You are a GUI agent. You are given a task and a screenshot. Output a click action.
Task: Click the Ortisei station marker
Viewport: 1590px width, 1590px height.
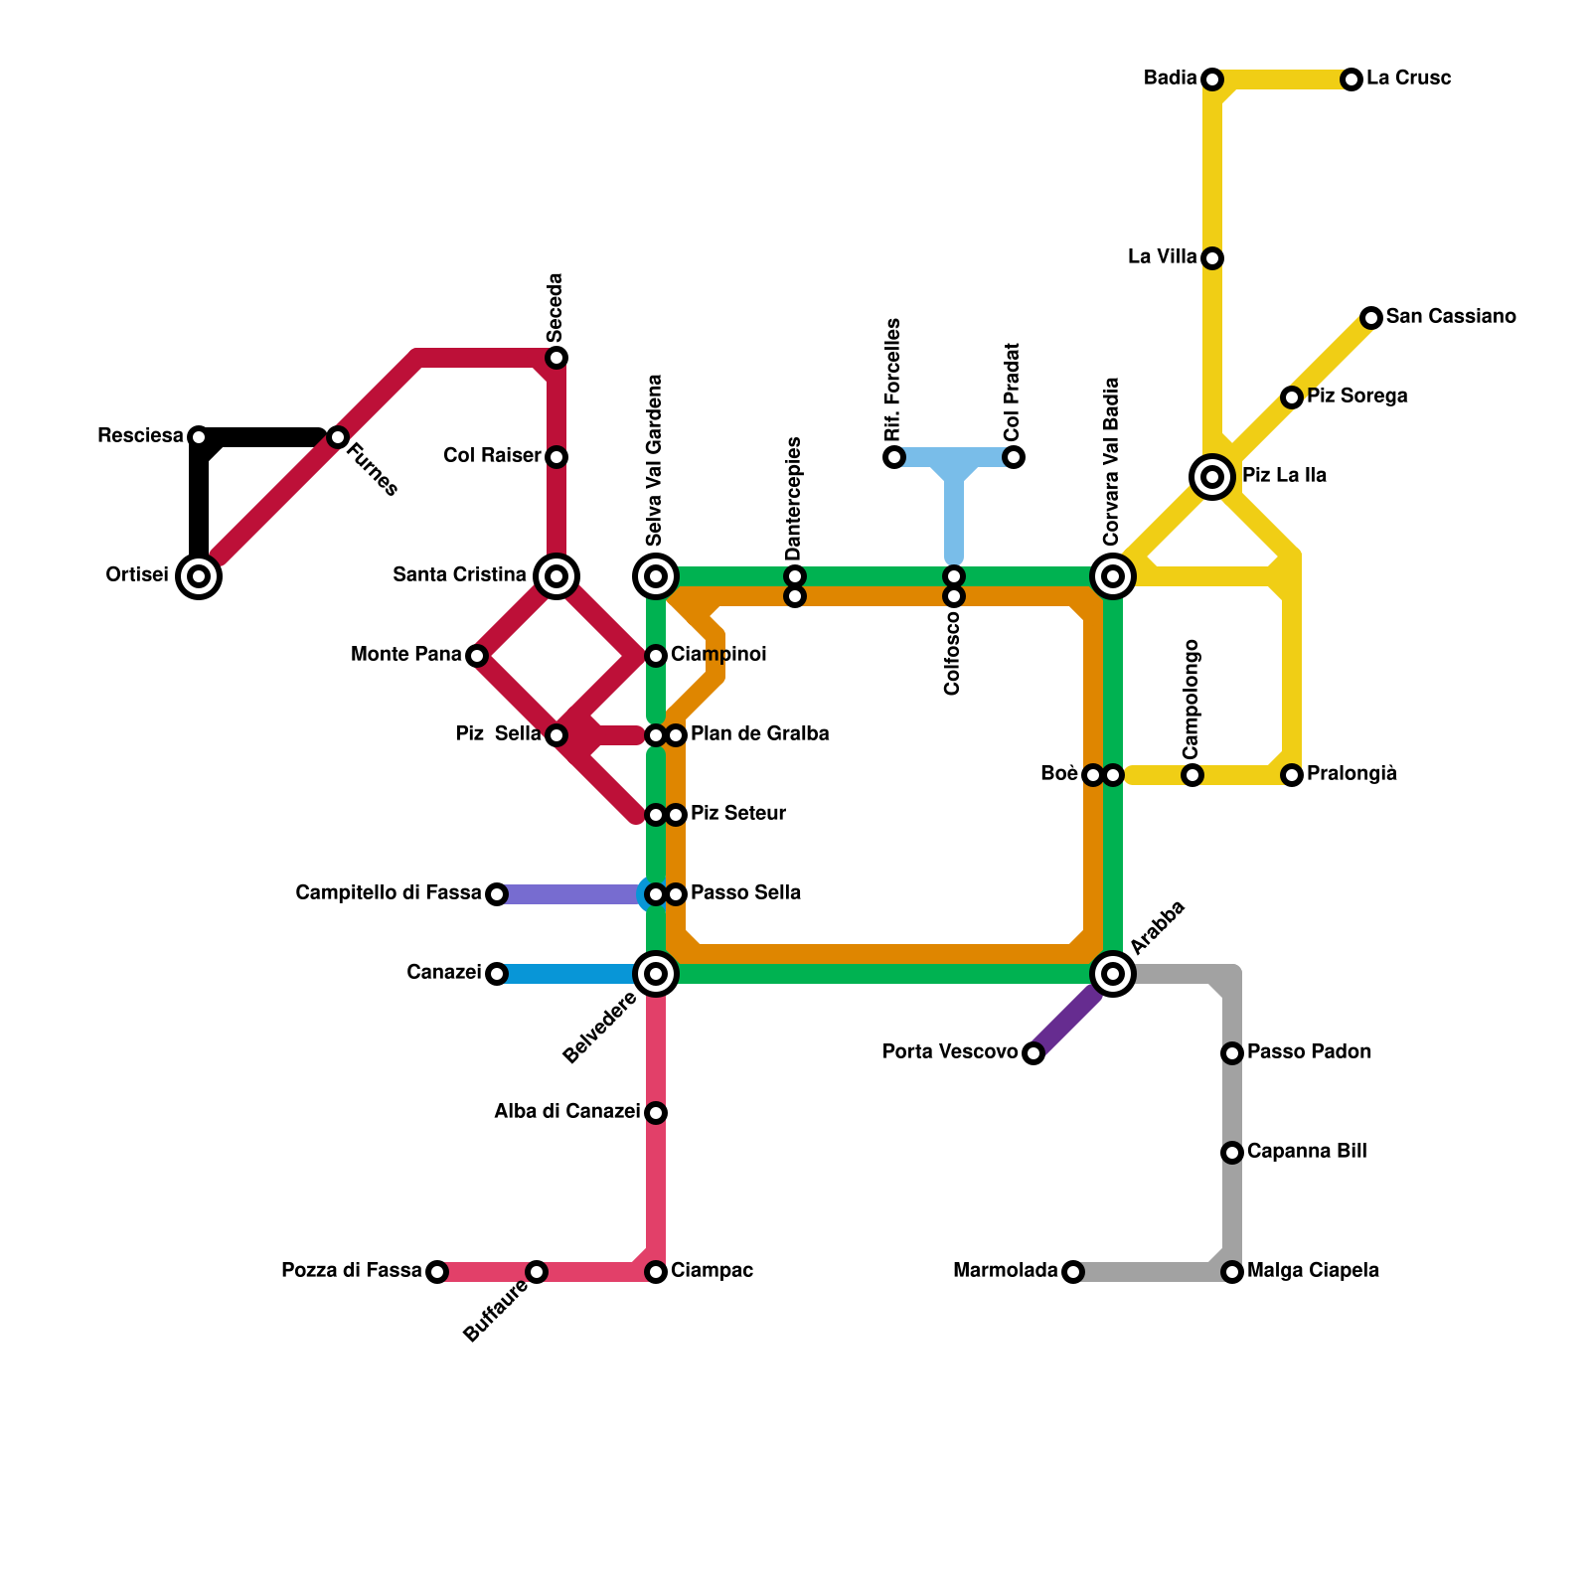click(x=199, y=576)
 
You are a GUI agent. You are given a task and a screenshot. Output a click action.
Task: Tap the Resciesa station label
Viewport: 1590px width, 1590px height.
click(x=140, y=436)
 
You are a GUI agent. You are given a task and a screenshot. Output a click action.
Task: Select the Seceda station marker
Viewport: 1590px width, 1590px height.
click(x=556, y=358)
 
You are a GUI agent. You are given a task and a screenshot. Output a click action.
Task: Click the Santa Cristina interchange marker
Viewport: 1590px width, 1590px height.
click(x=556, y=576)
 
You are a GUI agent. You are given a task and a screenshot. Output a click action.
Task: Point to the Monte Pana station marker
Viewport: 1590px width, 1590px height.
click(x=477, y=656)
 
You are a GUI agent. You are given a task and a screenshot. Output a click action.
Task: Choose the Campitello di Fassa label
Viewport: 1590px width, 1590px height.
click(x=389, y=893)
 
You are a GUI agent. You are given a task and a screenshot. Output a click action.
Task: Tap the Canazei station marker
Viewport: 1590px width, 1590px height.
click(x=497, y=974)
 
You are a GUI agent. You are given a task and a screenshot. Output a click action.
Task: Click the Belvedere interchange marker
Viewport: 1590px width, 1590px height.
click(x=656, y=974)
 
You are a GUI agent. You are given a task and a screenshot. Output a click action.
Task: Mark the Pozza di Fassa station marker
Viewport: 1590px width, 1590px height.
click(x=437, y=1272)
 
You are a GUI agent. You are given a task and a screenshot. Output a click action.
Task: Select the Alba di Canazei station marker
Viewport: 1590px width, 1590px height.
click(x=656, y=1113)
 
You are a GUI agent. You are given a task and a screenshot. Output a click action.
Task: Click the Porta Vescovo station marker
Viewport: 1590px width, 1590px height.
click(x=1033, y=1053)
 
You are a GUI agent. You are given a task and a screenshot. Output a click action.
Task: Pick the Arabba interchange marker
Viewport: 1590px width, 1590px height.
click(x=1113, y=974)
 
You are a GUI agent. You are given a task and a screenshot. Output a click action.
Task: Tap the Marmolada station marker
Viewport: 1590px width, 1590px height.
click(x=1072, y=1272)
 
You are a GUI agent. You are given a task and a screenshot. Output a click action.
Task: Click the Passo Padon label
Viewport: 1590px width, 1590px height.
click(x=1309, y=1052)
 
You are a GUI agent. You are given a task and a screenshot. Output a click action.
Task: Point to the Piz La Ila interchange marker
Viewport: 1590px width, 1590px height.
click(x=1212, y=477)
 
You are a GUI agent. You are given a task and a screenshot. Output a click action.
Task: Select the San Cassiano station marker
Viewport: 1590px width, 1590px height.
click(x=1371, y=318)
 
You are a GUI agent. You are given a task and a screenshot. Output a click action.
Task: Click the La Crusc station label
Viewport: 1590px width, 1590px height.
click(x=1408, y=79)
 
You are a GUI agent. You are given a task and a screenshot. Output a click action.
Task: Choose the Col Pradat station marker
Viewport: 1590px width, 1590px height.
click(x=1014, y=457)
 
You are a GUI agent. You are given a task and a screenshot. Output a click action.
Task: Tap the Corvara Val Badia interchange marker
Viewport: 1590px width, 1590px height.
click(x=1113, y=576)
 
